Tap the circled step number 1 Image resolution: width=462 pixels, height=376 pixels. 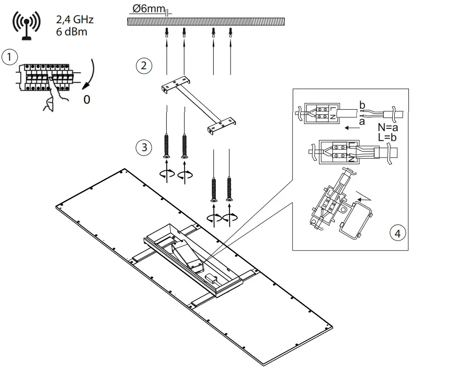(x=9, y=56)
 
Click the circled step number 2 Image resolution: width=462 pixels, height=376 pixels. (x=144, y=65)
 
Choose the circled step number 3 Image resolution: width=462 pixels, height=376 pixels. (x=144, y=148)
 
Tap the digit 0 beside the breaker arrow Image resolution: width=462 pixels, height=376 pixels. (x=86, y=100)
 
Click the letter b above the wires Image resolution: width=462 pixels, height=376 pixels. (x=361, y=104)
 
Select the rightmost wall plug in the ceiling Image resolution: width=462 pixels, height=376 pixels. (x=230, y=33)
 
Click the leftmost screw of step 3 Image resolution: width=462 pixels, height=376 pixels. (x=167, y=147)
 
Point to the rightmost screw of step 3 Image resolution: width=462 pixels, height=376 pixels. (x=230, y=190)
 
